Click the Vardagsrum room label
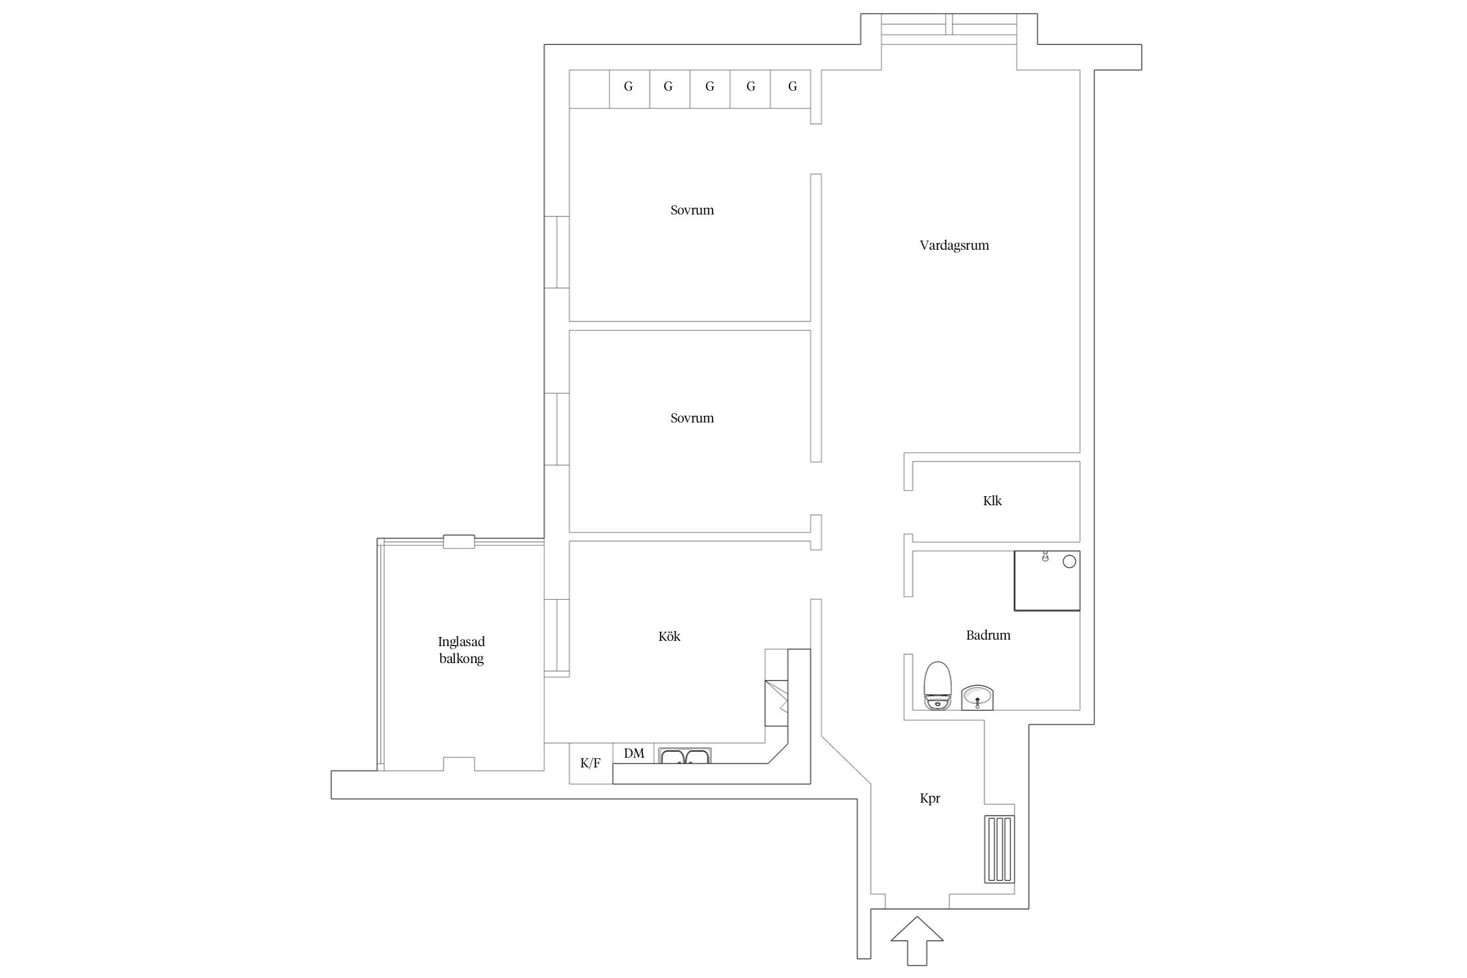point(954,246)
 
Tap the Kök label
point(669,636)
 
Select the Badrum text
point(988,635)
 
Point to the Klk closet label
point(992,501)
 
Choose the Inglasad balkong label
point(461,650)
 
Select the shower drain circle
point(1069,561)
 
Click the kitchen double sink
point(685,756)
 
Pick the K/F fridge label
point(590,763)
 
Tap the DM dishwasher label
point(634,754)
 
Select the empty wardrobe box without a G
point(589,89)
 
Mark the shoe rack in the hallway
point(1000,849)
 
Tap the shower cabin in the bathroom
point(1047,581)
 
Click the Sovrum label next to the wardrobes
point(692,211)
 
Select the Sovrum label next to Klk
point(692,419)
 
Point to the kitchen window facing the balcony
point(557,638)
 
